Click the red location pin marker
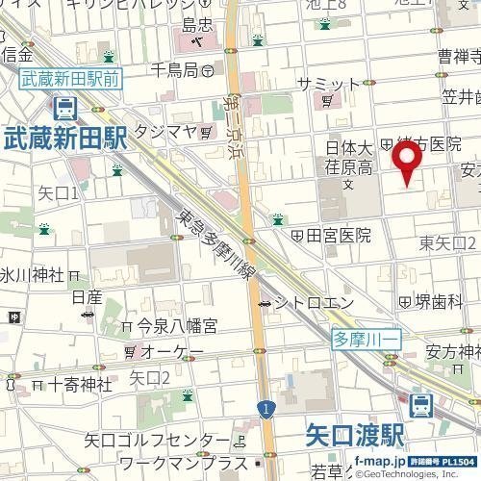407,159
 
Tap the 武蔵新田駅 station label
63,139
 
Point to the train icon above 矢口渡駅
420,406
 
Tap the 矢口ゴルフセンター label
155,442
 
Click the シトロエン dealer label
305,303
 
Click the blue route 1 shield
264,411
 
